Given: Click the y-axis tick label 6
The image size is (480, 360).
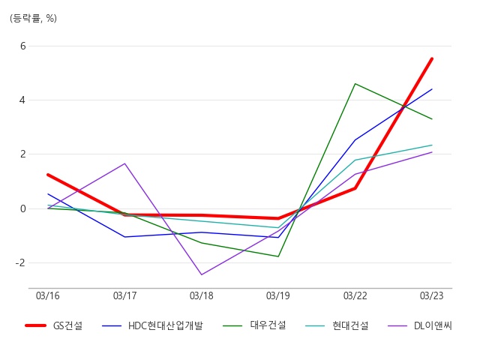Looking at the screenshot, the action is [x=23, y=46].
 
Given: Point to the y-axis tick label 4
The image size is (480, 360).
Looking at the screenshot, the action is [x=22, y=100].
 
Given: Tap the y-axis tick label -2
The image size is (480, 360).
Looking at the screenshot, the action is [x=20, y=262].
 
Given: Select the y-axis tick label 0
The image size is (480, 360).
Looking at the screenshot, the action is [x=23, y=208].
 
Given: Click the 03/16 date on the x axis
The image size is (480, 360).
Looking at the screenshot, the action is [x=48, y=295].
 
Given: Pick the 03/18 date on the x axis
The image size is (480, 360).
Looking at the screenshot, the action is [x=202, y=295].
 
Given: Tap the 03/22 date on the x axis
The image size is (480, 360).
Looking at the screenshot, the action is [x=355, y=295].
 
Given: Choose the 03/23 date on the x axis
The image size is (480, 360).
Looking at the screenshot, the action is [x=432, y=295].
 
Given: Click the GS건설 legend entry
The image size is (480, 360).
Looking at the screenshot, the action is [x=53, y=325].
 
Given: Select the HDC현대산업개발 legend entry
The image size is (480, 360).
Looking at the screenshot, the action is [x=152, y=325].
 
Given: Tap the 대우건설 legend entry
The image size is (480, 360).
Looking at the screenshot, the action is [x=254, y=325].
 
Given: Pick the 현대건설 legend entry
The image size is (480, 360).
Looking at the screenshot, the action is [x=337, y=325].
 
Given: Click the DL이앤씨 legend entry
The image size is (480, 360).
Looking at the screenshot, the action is [x=420, y=325].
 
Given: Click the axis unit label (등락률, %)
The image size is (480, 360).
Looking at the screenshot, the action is [x=33, y=18].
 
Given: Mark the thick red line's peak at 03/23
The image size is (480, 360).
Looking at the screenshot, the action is [x=432, y=58].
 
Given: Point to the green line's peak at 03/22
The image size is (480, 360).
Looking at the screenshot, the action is [x=355, y=83].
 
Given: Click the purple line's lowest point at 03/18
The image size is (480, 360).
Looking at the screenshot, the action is [x=202, y=274].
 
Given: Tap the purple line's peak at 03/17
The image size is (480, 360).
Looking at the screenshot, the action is [x=124, y=163].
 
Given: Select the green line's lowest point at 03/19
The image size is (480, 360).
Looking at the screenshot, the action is [x=278, y=256].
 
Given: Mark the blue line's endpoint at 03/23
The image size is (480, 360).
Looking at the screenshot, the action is [x=432, y=89].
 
